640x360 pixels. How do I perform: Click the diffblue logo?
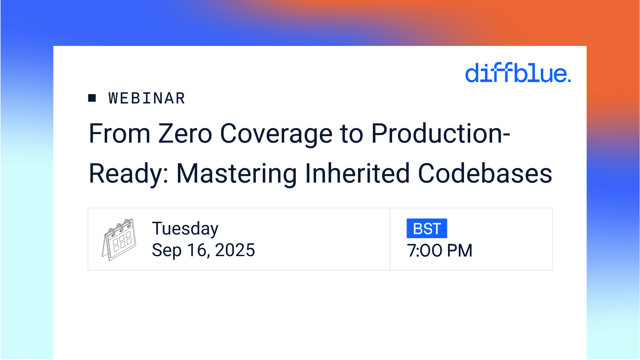pyautogui.click(x=518, y=73)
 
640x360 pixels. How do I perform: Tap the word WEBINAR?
pyautogui.click(x=147, y=98)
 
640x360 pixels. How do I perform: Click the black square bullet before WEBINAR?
pyautogui.click(x=92, y=98)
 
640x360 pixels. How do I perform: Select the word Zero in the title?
pyautogui.click(x=185, y=133)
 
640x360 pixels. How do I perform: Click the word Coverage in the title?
pyautogui.click(x=276, y=134)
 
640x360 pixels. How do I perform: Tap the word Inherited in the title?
pyautogui.click(x=357, y=173)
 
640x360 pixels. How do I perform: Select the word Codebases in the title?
pyautogui.click(x=485, y=173)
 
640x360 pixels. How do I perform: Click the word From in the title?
pyautogui.click(x=120, y=133)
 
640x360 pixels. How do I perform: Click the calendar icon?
pyautogui.click(x=119, y=239)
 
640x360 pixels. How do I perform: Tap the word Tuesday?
pyautogui.click(x=185, y=229)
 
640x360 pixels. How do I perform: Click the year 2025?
pyautogui.click(x=235, y=251)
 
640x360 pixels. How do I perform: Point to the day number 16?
pyautogui.click(x=197, y=251)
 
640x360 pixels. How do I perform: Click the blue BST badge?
pyautogui.click(x=427, y=229)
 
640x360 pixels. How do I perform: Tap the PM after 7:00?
pyautogui.click(x=460, y=251)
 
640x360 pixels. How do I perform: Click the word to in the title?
pyautogui.click(x=351, y=133)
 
